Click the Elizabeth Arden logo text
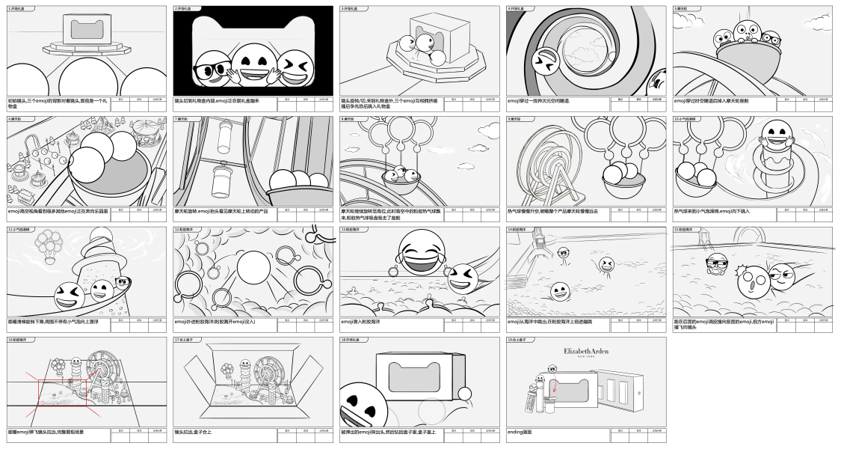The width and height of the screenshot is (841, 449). (x=587, y=351)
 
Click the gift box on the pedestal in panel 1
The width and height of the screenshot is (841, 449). (x=87, y=32)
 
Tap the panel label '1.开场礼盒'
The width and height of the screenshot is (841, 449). (x=16, y=8)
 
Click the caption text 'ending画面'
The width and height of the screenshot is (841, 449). (x=521, y=433)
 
